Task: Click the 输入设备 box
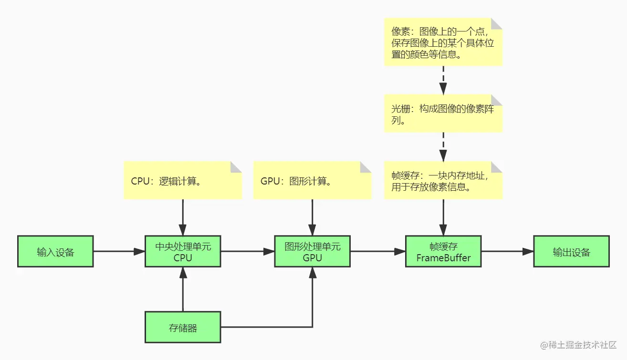(55, 251)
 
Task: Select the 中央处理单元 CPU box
(183, 251)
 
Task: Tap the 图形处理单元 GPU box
(312, 251)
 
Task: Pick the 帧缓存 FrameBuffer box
(443, 251)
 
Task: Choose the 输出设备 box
(571, 251)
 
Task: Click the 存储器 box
(183, 327)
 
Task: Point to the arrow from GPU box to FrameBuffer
(377, 251)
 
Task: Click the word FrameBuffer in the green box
(443, 258)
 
